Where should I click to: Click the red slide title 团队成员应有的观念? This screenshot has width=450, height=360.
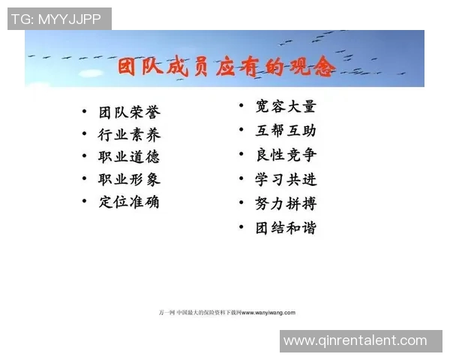(x=226, y=67)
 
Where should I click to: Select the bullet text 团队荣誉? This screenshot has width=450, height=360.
(x=129, y=112)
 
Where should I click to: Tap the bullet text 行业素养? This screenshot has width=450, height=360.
(x=129, y=135)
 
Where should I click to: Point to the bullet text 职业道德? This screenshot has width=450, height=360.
(x=129, y=157)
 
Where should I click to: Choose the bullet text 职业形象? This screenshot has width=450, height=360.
(x=129, y=179)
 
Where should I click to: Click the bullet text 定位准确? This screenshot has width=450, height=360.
(x=129, y=202)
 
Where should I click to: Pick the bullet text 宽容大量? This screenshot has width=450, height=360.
(x=286, y=106)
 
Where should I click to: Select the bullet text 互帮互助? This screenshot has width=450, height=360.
(x=286, y=130)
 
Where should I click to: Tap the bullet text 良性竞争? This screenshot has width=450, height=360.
(x=286, y=154)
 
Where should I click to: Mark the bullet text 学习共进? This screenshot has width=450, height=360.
(x=286, y=179)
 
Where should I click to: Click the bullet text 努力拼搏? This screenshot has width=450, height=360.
(x=286, y=203)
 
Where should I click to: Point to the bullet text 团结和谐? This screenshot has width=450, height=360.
(x=286, y=227)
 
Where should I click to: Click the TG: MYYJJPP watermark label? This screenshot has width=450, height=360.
(x=58, y=19)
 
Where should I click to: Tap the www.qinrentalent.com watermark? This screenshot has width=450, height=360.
(x=355, y=340)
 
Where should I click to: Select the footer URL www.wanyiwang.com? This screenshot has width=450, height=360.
(x=268, y=312)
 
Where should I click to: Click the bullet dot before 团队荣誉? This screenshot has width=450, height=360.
(x=85, y=113)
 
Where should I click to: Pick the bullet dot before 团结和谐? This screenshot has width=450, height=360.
(x=241, y=227)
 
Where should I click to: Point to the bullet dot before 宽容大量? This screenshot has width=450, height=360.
(x=241, y=106)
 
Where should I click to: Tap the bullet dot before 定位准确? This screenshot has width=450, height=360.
(x=85, y=202)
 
